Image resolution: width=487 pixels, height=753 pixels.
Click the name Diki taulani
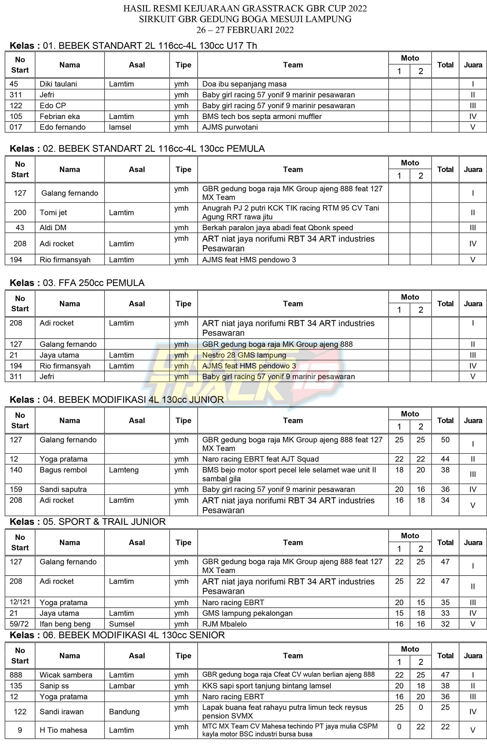click(x=58, y=84)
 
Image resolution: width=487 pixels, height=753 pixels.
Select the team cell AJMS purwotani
click(x=230, y=127)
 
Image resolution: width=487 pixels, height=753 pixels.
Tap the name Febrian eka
click(x=59, y=116)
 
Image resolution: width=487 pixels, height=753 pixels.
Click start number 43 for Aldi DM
click(x=20, y=227)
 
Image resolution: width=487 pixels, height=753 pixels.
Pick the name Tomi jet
click(x=53, y=213)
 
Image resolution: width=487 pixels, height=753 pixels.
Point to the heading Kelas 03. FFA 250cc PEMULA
click(x=77, y=283)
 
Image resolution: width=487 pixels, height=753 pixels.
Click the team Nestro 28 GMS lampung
click(x=244, y=355)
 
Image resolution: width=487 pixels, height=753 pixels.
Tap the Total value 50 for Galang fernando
click(x=445, y=440)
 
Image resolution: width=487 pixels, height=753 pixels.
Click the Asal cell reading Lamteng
click(x=124, y=470)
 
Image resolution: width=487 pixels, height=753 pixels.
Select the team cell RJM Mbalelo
click(x=224, y=624)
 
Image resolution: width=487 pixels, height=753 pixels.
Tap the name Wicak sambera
click(x=66, y=675)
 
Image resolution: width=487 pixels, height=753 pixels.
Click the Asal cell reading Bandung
click(x=124, y=711)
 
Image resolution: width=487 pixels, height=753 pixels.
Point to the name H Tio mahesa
click(x=63, y=730)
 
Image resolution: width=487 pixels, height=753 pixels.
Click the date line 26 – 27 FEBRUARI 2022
click(x=245, y=30)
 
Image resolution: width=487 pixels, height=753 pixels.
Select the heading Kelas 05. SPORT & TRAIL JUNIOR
click(x=88, y=522)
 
